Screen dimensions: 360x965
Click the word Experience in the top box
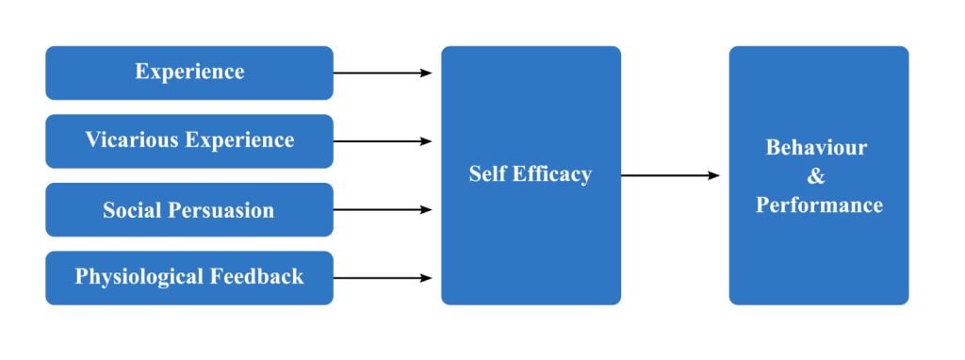[189, 72]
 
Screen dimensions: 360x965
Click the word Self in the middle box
[488, 174]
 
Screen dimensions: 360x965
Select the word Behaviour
[816, 148]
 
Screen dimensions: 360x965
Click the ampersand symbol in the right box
[817, 176]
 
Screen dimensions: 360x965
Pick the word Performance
[819, 205]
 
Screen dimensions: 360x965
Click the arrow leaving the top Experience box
[382, 73]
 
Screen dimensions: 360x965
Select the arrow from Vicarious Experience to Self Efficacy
[382, 141]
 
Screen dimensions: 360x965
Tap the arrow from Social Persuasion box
[382, 209]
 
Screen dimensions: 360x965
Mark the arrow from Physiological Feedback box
[382, 278]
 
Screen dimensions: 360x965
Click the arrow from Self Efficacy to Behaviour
[669, 175]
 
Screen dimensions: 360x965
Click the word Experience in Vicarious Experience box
[239, 140]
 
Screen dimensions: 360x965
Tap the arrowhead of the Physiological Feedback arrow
[427, 278]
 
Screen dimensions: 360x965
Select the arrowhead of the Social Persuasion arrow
[427, 209]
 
